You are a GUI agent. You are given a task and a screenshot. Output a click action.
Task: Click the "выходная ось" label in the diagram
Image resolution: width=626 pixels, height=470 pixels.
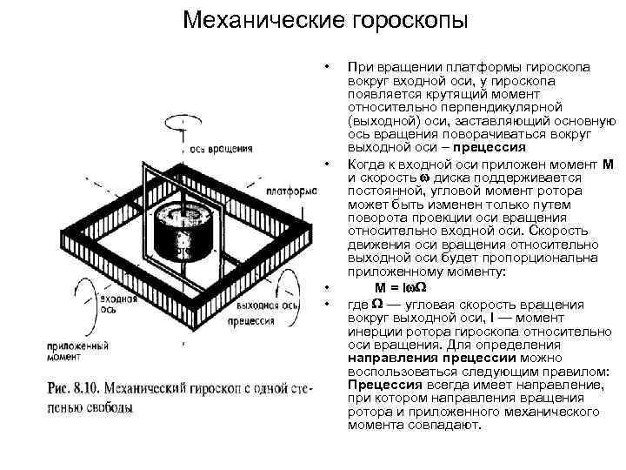pyautogui.click(x=268, y=305)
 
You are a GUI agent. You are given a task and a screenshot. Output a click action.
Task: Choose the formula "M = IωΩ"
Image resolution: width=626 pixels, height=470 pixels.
pyautogui.click(x=405, y=288)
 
